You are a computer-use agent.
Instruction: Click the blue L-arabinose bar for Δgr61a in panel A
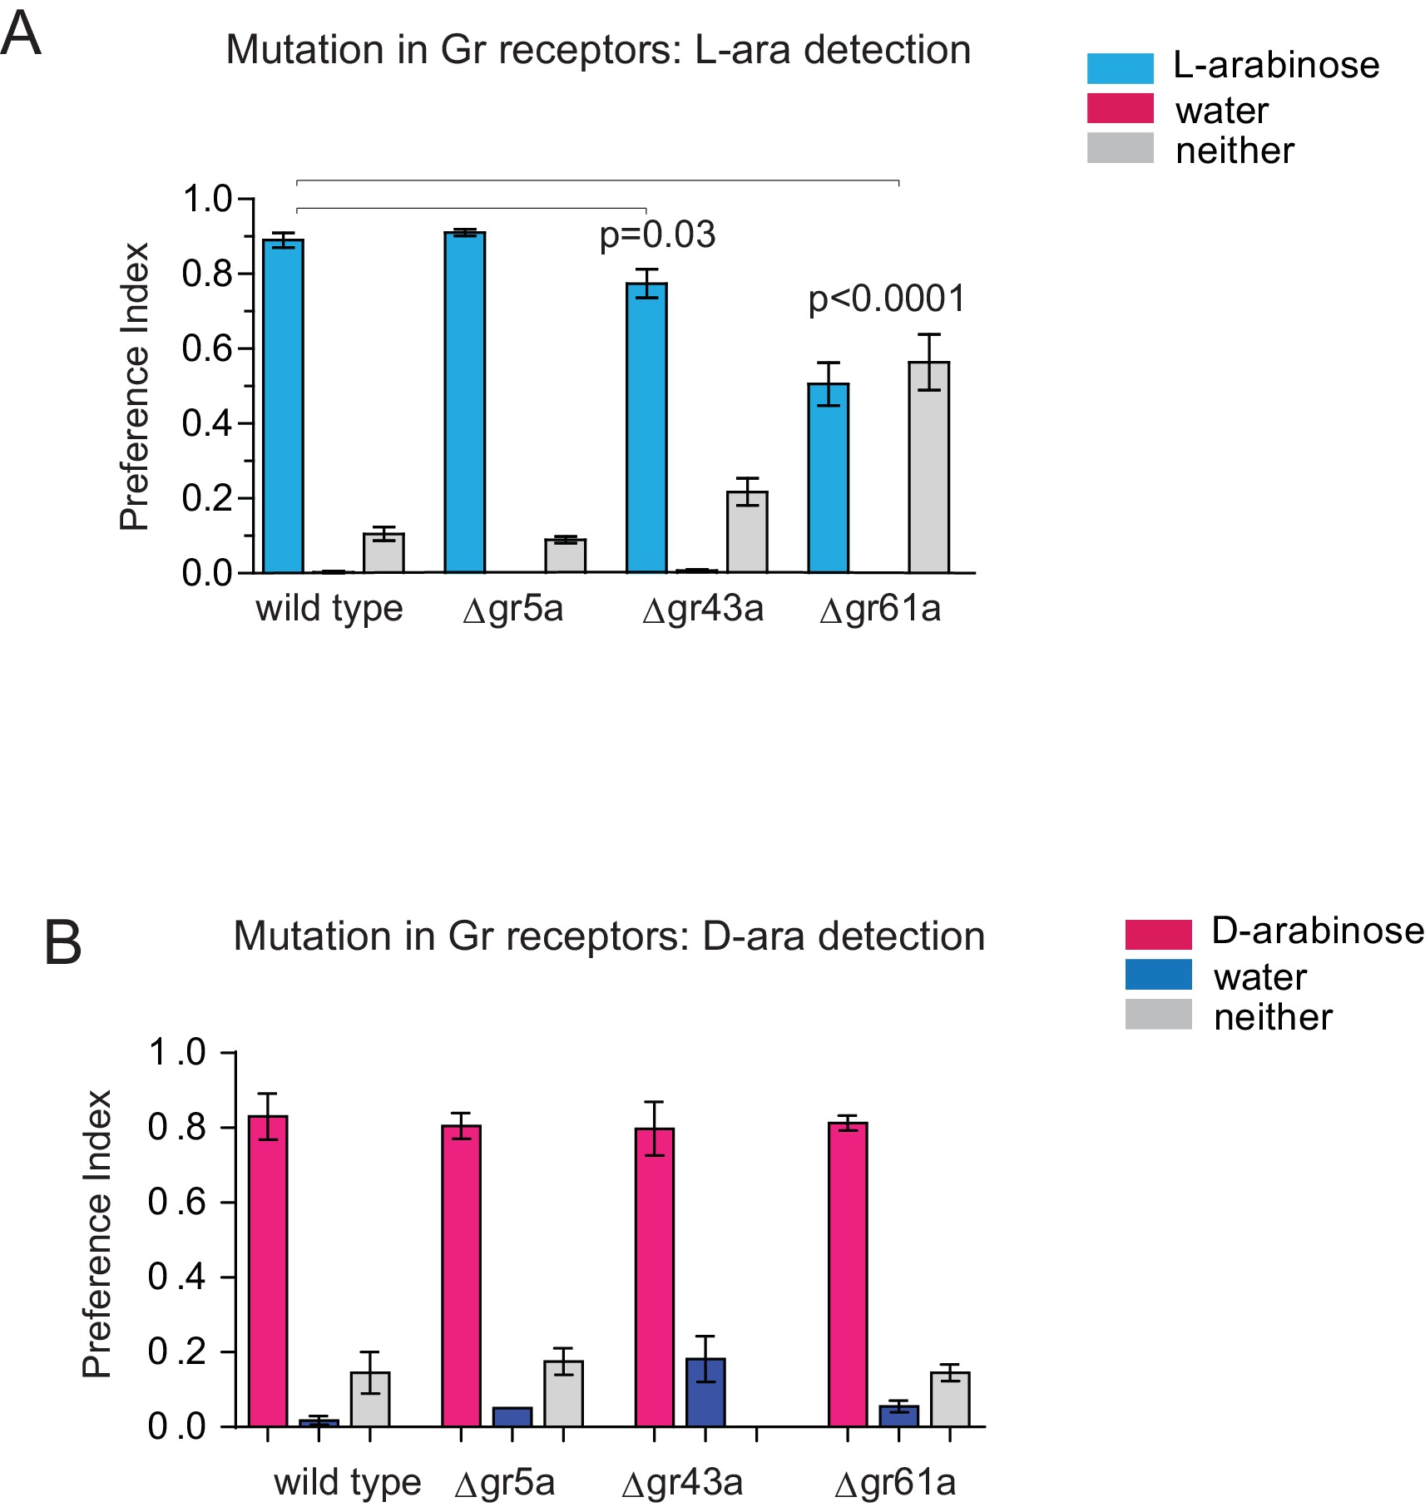coord(829,478)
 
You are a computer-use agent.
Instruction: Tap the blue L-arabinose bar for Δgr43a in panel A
coord(646,428)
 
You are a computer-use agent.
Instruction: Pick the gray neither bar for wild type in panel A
coord(383,553)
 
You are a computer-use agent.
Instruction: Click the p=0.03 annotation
coord(657,235)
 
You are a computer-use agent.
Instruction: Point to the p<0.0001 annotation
coord(887,299)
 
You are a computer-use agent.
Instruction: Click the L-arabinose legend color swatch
coord(1120,68)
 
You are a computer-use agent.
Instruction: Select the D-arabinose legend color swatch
coord(1158,934)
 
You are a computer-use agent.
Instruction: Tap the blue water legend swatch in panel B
coord(1158,975)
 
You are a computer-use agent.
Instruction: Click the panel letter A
coord(21,35)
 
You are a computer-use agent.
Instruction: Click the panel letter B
coord(62,943)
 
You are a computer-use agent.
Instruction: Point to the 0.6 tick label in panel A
coord(207,348)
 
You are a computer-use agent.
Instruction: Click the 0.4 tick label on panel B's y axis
coord(176,1277)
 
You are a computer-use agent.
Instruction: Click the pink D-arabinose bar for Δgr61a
coord(848,1274)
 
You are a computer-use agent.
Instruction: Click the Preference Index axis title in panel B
coord(97,1234)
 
